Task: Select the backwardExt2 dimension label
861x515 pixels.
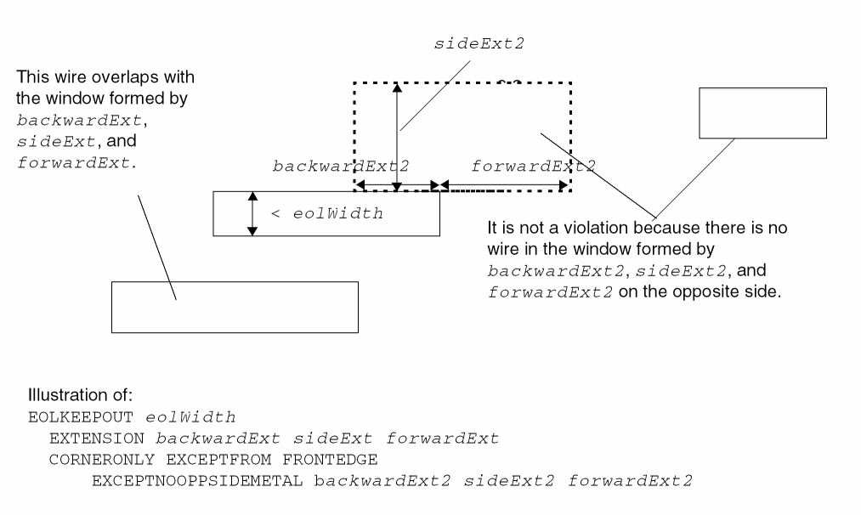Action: click(340, 166)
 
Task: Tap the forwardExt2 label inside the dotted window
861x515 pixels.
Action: click(533, 166)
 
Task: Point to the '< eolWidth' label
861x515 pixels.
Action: click(326, 213)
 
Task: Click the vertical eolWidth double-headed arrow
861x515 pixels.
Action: click(252, 212)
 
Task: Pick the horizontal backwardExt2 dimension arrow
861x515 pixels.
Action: click(397, 184)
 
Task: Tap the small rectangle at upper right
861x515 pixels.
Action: click(762, 112)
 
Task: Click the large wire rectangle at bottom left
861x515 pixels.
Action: click(235, 307)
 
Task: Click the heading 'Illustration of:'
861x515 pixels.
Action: click(76, 396)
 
